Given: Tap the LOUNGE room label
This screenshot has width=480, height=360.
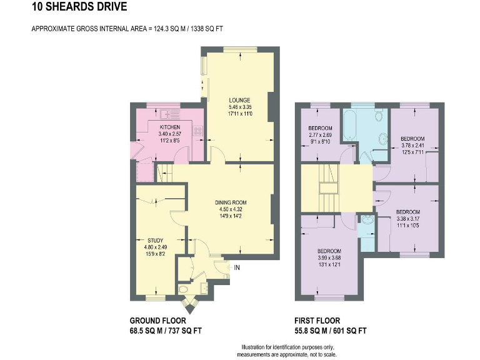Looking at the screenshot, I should pyautogui.click(x=239, y=100).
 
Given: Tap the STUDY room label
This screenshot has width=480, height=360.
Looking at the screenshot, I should pyautogui.click(x=156, y=239).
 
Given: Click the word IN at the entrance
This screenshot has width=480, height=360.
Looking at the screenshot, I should pyautogui.click(x=237, y=267).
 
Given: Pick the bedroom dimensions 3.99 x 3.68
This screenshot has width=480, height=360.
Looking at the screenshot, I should pyautogui.click(x=329, y=257).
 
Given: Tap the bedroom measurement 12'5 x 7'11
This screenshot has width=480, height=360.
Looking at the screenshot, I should pyautogui.click(x=412, y=152).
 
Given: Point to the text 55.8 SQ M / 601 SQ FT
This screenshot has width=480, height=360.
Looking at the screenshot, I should pyautogui.click(x=330, y=331).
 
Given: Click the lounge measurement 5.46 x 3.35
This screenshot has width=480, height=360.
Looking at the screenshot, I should pyautogui.click(x=239, y=107).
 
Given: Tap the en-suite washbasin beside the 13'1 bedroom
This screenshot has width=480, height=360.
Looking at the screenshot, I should pyautogui.click(x=367, y=219).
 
